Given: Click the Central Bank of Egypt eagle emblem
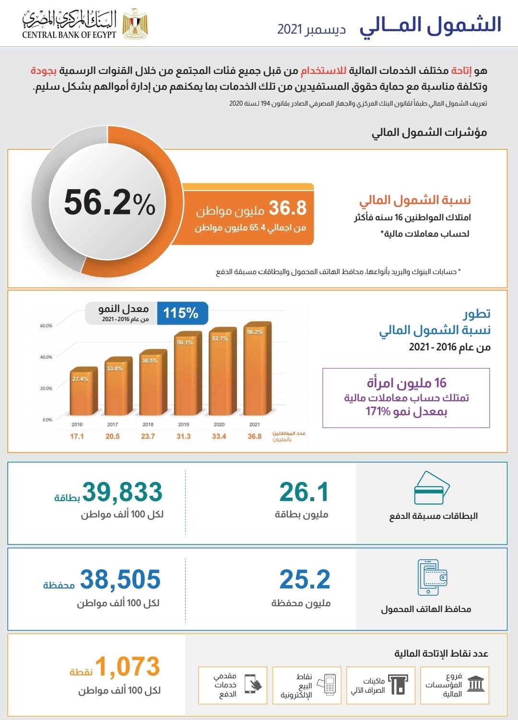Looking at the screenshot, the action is [135, 24].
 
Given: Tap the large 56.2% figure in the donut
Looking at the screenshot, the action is [109, 202].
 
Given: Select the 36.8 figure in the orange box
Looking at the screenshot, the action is [287, 208].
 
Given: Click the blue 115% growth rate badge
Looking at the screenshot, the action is [182, 313].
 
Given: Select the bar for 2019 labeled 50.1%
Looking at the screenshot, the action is [188, 373].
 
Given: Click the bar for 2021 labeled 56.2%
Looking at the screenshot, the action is [258, 368].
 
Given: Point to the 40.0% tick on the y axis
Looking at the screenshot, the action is [46, 357].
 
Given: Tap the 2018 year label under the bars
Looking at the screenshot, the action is [148, 424].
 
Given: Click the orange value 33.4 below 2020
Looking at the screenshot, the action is [219, 436].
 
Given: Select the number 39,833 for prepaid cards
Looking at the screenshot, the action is [122, 492].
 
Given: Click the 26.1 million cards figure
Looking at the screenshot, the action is [304, 492].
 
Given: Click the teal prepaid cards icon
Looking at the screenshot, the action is [432, 488].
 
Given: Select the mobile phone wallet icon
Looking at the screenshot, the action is [432, 577].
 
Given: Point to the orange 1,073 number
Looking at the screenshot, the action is [128, 666].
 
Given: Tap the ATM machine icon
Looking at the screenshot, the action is [398, 684].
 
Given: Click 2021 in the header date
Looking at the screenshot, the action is [290, 29].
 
